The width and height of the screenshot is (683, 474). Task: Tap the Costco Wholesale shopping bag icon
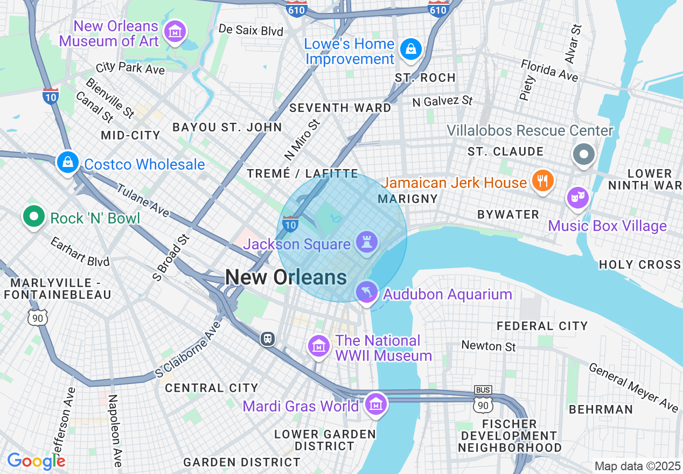(68, 162)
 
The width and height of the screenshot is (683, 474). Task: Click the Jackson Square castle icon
(367, 242)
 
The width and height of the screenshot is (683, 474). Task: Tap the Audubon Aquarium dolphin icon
(367, 292)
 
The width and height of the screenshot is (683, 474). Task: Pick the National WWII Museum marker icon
(318, 346)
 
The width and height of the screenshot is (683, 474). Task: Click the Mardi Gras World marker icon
(375, 403)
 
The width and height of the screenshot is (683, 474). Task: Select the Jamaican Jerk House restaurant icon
(542, 181)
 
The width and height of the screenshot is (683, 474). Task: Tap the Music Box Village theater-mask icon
(578, 198)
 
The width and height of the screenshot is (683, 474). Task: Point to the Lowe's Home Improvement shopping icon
(411, 50)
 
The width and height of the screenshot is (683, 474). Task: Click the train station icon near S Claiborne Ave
(268, 339)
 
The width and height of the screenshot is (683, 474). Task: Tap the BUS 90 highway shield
(483, 399)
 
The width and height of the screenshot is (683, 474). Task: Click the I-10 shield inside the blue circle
(290, 224)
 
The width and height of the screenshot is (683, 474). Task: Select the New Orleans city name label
(286, 277)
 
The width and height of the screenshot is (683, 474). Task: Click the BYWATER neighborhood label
(508, 215)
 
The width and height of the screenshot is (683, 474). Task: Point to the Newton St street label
(489, 346)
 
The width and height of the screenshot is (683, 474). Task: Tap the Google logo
(36, 461)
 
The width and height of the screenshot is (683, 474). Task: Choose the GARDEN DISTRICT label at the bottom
(242, 462)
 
